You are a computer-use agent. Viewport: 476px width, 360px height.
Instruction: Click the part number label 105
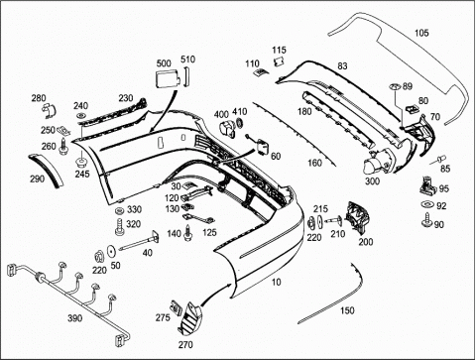pos(421,33)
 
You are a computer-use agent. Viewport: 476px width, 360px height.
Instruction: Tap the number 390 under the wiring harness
pos(75,318)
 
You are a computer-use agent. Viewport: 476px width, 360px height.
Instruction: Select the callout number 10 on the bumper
pos(277,282)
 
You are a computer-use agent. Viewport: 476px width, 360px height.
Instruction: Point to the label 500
pos(164,63)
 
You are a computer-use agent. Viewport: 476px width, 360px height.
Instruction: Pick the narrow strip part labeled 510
pos(186,76)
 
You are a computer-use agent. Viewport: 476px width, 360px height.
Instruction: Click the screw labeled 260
pos(62,147)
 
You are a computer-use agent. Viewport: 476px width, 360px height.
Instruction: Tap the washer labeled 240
pos(80,116)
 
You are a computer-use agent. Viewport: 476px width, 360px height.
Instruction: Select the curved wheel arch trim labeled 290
pos(47,170)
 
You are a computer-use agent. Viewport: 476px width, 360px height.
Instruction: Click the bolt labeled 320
pos(120,227)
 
